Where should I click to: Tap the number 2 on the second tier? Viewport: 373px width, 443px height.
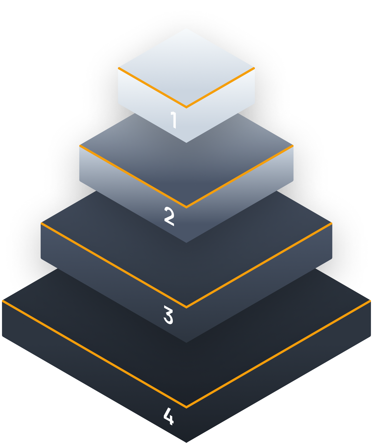[x=169, y=216]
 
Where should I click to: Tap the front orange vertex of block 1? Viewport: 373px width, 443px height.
[x=186, y=107]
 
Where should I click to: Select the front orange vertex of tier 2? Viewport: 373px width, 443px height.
[x=186, y=207]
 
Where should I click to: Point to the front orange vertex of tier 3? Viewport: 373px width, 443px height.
[x=186, y=307]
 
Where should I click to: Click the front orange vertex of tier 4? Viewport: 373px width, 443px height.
[x=186, y=407]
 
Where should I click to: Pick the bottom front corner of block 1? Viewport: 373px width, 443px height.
[x=186, y=142]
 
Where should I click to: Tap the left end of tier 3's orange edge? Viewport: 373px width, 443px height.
[x=41, y=223]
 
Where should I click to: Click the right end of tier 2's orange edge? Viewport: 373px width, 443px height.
[x=293, y=146]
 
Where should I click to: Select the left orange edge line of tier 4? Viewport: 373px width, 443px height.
[x=94, y=354]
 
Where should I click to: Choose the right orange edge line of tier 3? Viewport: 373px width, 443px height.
[x=259, y=265]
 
